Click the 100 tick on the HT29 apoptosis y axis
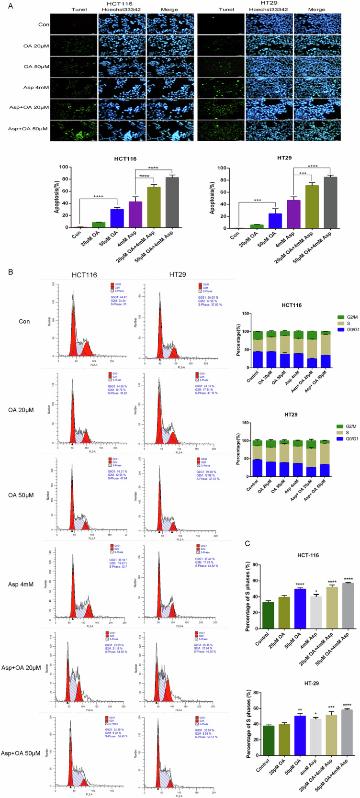tap(222, 168)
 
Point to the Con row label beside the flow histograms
tap(24, 321)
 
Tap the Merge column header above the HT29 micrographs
tap(316, 9)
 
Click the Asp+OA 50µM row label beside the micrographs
tap(28, 129)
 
